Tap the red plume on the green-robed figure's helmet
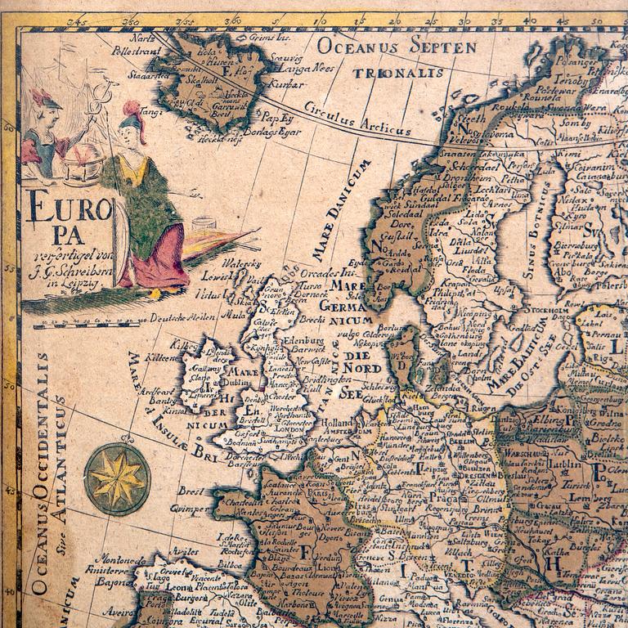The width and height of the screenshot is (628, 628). point(131,109)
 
